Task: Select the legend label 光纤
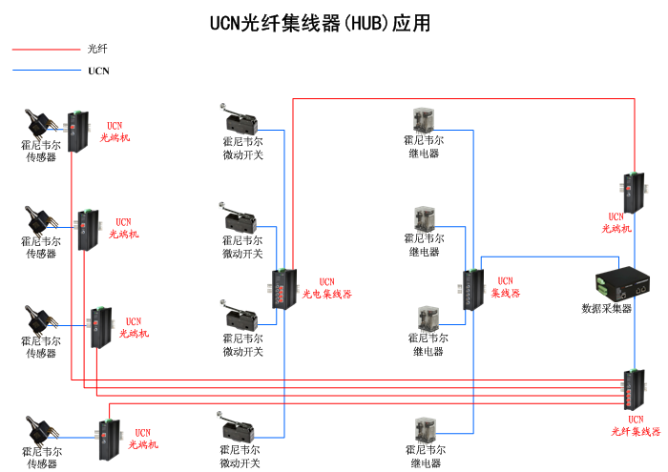point(96,49)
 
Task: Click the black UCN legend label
point(98,71)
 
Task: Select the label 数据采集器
point(607,308)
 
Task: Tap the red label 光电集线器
point(327,295)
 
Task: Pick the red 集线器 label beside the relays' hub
point(506,294)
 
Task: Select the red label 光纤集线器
point(636,432)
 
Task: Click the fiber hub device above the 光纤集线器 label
point(634,390)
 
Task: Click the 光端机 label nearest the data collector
point(616,229)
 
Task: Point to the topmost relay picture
point(424,120)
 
